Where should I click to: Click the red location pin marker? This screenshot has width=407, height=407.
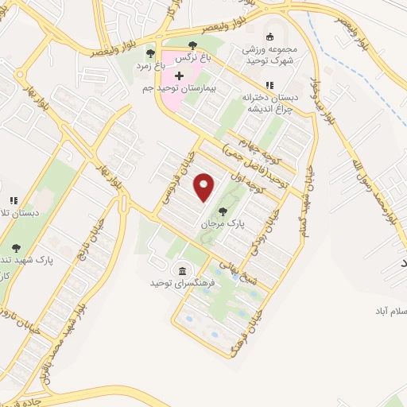pos(204,187)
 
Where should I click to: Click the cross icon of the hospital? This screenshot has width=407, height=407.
pos(179,76)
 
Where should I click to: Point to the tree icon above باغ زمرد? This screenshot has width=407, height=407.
pos(150,53)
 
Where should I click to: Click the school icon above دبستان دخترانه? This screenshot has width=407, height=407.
pos(270,85)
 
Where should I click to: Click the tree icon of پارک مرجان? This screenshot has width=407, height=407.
pos(222,211)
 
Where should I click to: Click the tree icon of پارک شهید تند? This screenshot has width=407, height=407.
pos(16,248)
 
